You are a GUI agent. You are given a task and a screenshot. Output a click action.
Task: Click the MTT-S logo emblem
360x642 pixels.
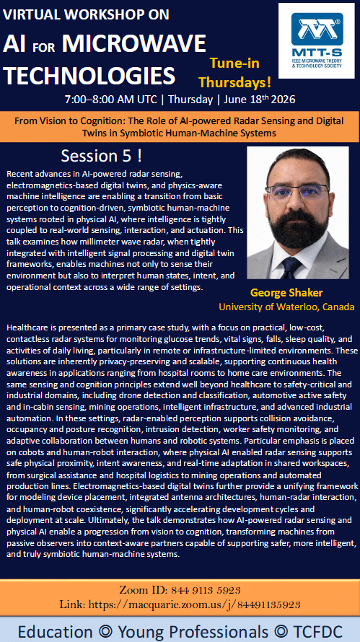317,29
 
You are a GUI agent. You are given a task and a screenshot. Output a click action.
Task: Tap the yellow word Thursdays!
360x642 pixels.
234,83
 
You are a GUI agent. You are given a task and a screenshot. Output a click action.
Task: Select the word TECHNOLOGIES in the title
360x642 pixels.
89,75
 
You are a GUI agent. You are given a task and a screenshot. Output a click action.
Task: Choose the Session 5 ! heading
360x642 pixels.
102,156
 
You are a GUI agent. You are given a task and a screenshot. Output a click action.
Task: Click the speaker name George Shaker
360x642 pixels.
286,293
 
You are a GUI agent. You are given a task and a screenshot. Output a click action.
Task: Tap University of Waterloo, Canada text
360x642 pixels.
286,307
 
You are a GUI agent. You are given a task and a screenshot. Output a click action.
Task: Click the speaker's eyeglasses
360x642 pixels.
297,192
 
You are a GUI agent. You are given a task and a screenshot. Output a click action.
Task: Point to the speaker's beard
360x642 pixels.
298,223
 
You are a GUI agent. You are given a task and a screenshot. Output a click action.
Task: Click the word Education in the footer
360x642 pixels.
52,630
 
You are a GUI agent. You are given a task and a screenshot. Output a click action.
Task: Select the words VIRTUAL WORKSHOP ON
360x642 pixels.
86,14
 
